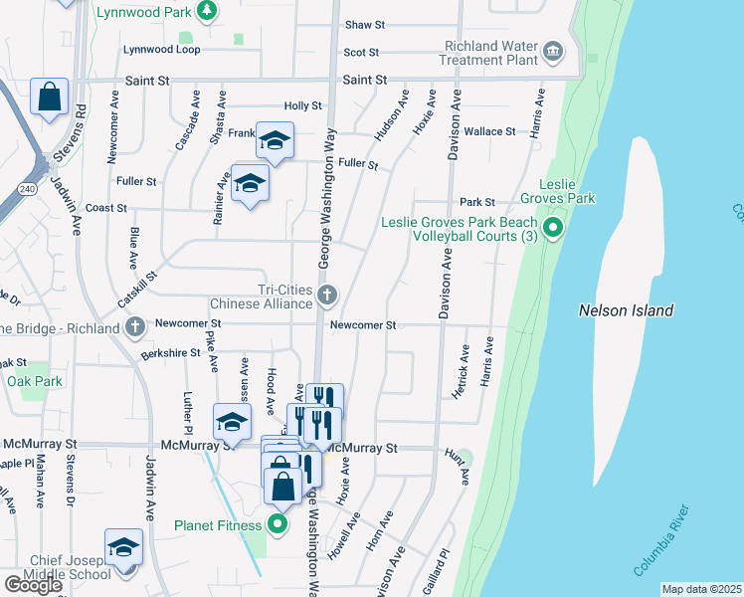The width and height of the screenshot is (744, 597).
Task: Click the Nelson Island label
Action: click(x=626, y=310)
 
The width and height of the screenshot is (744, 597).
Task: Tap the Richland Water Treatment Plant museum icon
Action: click(x=553, y=50)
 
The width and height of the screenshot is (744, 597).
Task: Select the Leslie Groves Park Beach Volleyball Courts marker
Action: click(x=554, y=229)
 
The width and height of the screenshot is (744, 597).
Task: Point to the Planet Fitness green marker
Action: click(x=278, y=524)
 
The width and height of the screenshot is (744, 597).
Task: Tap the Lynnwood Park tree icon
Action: click(x=206, y=11)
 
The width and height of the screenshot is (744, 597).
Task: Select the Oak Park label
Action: click(x=34, y=381)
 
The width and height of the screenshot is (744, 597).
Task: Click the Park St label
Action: click(x=477, y=202)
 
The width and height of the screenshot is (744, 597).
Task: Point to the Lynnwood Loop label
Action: click(x=161, y=50)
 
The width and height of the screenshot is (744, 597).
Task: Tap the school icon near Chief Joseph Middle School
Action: click(x=123, y=548)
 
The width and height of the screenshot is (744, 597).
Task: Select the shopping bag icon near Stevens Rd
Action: click(x=48, y=98)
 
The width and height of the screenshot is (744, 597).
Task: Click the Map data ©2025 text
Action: click(x=702, y=589)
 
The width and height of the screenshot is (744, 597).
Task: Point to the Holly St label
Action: click(x=303, y=105)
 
